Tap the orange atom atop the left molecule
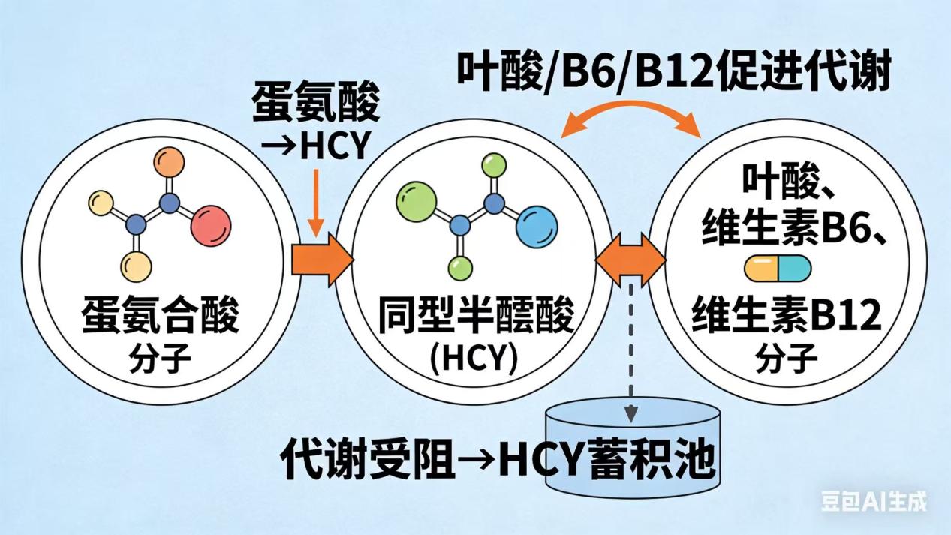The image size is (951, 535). click(170, 163)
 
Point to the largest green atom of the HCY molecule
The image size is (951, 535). click(415, 202)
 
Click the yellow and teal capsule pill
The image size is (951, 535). click(777, 268)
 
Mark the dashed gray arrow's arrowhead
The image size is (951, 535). click(631, 412)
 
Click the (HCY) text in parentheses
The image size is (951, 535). click(474, 358)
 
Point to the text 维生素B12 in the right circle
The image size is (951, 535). click(786, 317)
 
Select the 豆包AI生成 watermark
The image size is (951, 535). click(873, 500)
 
